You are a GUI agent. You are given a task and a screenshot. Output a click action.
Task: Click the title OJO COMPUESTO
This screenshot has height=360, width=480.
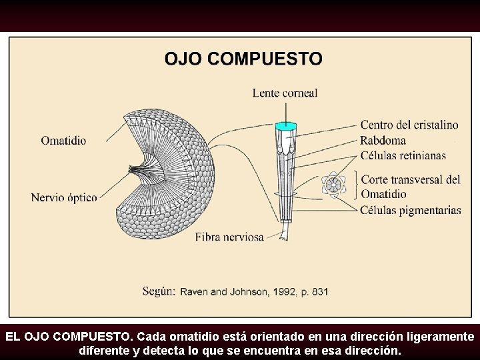[x=243, y=59]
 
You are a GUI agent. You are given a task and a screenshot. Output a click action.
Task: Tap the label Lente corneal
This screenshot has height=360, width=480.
[x=285, y=93]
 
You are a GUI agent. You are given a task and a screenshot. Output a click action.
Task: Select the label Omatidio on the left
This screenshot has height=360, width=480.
[x=63, y=141]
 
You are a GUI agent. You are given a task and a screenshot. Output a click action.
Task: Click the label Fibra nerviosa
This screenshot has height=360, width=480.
[x=229, y=237]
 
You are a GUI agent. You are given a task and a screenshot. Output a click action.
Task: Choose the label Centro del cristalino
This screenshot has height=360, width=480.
[x=409, y=125]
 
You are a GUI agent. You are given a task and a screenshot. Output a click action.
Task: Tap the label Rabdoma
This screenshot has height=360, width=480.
[x=383, y=140]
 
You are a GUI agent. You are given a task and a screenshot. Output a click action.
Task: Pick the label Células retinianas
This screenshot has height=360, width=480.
[x=403, y=155]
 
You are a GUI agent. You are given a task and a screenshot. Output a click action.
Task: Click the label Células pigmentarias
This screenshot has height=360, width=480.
[x=411, y=210]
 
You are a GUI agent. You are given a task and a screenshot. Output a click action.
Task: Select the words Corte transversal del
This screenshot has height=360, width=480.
[x=411, y=179]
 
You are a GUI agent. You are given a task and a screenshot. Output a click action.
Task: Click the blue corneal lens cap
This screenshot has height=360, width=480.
[x=285, y=125]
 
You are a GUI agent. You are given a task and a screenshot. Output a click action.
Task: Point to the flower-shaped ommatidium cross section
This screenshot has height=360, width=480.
[x=333, y=184]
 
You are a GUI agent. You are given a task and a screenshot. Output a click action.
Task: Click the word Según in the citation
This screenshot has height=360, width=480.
[x=159, y=291]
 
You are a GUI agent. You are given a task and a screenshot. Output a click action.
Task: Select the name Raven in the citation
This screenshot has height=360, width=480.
[x=195, y=291]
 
